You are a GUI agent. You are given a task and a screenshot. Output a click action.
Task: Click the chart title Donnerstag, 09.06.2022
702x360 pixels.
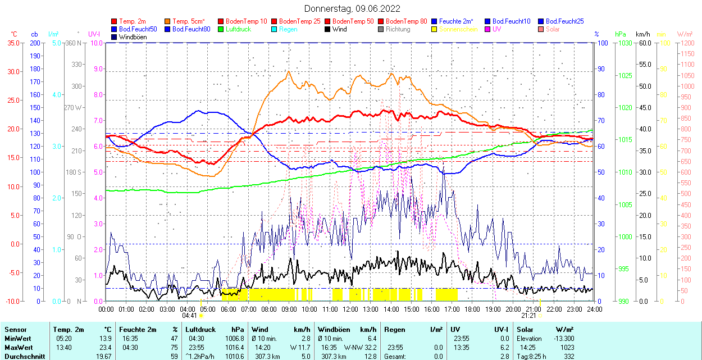point(352,8)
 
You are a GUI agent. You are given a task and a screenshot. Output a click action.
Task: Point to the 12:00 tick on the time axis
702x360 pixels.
point(350,309)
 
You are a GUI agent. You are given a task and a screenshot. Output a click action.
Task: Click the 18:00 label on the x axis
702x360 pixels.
point(472,309)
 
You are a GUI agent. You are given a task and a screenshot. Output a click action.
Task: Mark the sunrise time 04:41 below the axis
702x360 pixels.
point(189,316)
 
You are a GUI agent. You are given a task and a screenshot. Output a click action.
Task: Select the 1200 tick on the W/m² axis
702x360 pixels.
point(687,43)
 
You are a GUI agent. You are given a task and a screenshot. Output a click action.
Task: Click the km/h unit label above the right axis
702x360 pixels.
point(643,34)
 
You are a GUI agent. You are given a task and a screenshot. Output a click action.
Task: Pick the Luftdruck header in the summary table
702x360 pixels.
point(200,330)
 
